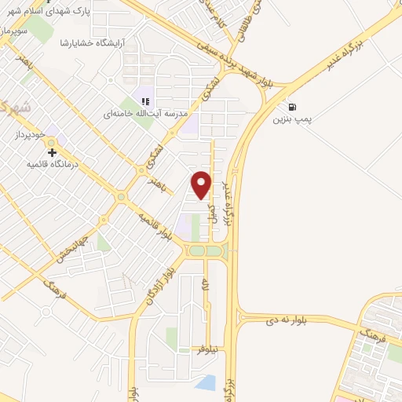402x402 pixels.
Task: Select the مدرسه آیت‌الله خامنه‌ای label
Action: point(147,113)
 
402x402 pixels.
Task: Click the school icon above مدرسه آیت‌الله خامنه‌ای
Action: point(144,100)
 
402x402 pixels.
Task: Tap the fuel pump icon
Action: point(292,108)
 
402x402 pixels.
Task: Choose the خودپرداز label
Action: point(31,136)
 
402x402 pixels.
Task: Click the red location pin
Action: point(202,184)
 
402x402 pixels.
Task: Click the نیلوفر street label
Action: point(214,347)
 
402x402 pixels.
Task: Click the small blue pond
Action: point(205,383)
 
